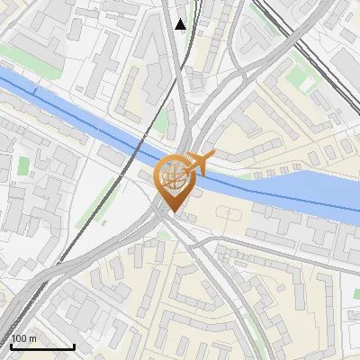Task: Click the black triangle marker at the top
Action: coord(181,24)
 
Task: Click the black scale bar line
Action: coord(42,346)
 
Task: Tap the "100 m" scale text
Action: coord(24,338)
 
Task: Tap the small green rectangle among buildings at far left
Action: coord(24,167)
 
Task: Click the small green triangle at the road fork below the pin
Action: coord(163,235)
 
